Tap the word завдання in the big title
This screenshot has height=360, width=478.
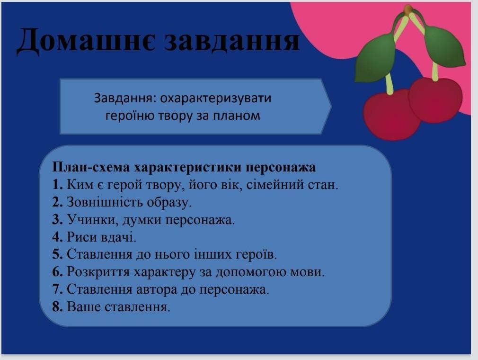pos(232,40)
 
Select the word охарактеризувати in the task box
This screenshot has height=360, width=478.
pos(216,99)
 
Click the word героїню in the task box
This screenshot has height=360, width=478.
pos(128,116)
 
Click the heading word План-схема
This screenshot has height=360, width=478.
pos(91,167)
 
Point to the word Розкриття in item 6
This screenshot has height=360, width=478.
pos(99,272)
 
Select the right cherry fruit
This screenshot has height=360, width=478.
pos(436,100)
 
